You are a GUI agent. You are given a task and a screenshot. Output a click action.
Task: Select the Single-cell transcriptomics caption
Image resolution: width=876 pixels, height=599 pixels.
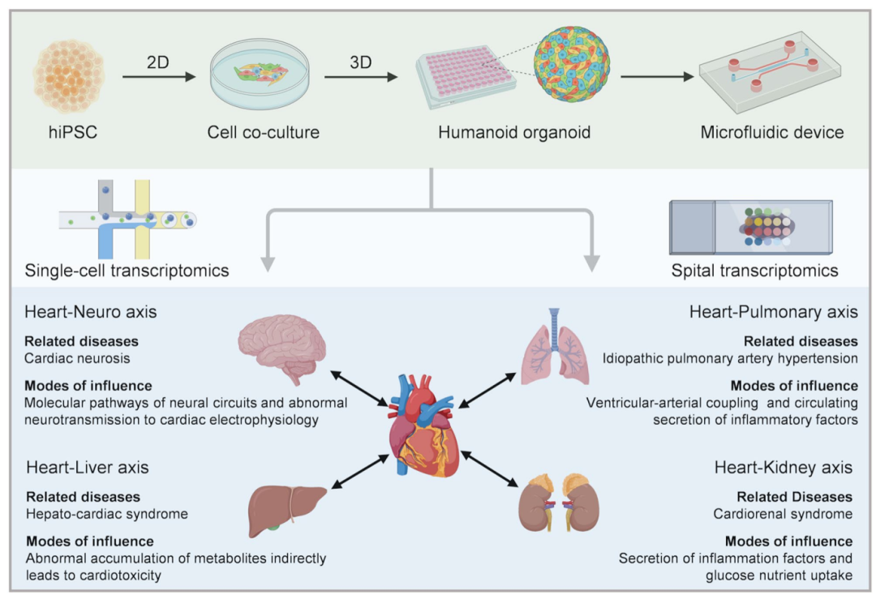coord(127,271)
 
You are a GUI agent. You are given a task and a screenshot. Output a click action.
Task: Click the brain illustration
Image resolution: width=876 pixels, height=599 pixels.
coord(283,349)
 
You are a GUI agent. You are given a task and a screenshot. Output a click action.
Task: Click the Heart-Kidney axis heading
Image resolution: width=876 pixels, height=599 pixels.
coord(783,468)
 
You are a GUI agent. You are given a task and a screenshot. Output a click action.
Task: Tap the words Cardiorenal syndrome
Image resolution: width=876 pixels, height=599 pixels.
coord(783,513)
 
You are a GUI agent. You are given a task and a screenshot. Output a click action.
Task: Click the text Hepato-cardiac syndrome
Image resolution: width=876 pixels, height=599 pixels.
coord(107,513)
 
